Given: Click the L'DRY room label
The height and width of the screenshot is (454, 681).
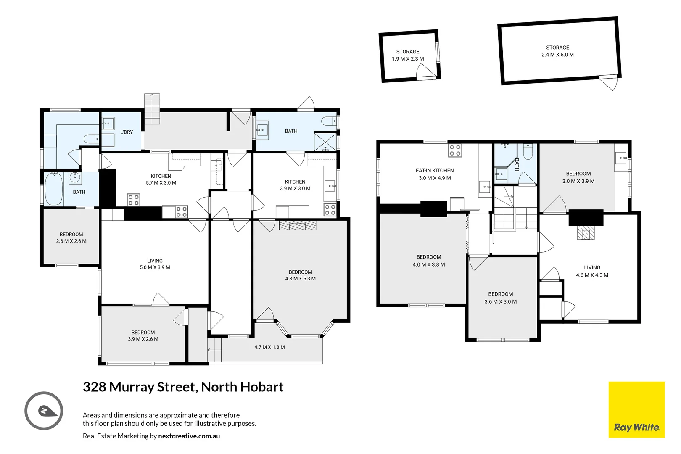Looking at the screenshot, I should (x=126, y=132).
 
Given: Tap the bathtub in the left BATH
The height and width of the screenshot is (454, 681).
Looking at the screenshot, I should (x=53, y=189).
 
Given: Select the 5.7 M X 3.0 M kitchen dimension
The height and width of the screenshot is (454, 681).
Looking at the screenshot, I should (x=161, y=183).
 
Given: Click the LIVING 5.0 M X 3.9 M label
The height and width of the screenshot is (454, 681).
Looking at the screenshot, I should (x=155, y=264).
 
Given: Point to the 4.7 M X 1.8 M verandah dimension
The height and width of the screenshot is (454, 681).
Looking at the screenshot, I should (x=269, y=347).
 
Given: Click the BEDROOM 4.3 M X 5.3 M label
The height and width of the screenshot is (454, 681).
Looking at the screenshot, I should (x=300, y=275).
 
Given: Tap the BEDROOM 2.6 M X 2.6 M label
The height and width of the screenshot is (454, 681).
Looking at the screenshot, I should (x=71, y=238).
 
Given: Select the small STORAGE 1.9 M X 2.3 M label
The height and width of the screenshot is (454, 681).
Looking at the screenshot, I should (x=408, y=55).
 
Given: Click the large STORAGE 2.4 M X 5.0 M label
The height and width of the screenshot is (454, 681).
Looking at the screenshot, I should (x=557, y=51).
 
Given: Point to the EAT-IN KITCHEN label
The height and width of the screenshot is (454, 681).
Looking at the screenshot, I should (x=435, y=171).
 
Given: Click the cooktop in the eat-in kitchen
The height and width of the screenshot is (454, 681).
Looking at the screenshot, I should (x=455, y=150).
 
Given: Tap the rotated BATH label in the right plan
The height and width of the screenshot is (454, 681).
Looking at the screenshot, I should (x=517, y=164).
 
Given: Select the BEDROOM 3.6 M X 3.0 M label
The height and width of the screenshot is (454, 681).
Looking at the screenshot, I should (x=500, y=298).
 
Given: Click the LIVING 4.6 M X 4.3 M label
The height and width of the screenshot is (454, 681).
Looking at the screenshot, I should (x=592, y=271).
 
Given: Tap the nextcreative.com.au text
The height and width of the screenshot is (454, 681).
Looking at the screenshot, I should (x=189, y=436).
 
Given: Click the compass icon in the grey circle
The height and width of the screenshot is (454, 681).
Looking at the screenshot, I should (x=44, y=411).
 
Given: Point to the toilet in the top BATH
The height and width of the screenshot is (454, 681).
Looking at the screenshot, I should (x=329, y=121).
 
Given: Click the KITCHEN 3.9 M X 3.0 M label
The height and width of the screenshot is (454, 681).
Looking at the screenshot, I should (x=295, y=185).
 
